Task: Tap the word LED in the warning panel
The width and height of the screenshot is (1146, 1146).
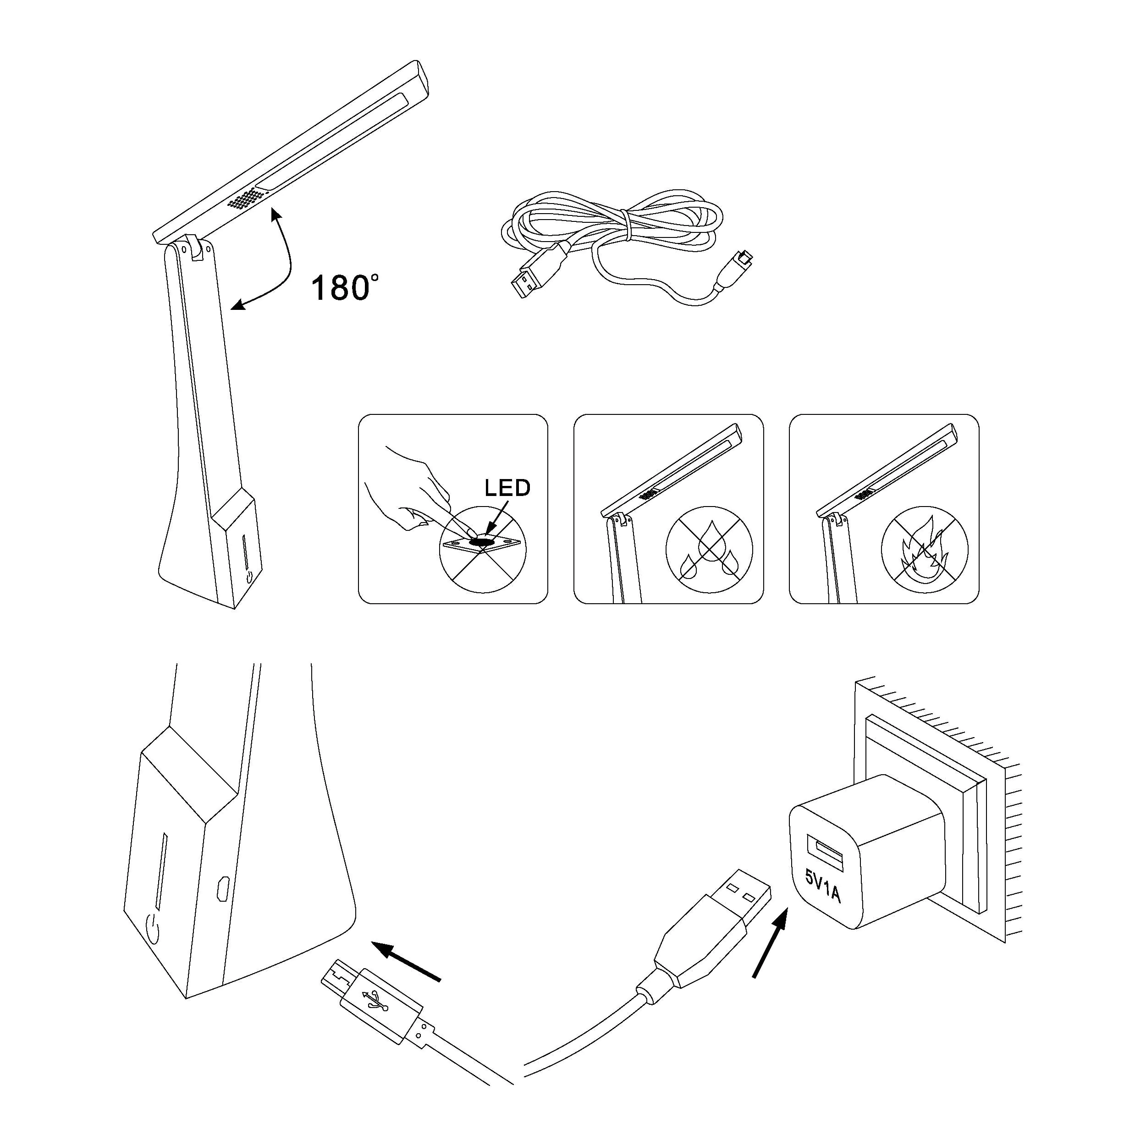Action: [x=507, y=488]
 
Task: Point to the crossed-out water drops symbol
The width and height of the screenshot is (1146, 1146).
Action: [x=709, y=550]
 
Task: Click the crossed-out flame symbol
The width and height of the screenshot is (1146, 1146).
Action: [x=924, y=550]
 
